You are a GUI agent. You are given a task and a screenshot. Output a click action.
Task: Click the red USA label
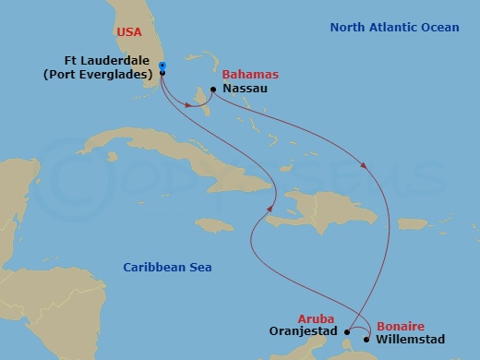[131, 32]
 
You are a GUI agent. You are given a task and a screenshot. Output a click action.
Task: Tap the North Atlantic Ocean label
[394, 28]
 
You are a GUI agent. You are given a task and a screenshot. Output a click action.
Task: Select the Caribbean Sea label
[167, 268]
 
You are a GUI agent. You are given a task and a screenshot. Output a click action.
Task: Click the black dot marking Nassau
[213, 90]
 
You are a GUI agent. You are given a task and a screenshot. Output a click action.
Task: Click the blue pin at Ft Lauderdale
[162, 66]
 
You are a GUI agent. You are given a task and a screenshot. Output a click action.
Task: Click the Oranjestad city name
[305, 330]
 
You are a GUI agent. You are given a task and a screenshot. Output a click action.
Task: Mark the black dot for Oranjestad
[346, 330]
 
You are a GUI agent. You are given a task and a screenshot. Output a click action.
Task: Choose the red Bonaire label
[400, 326]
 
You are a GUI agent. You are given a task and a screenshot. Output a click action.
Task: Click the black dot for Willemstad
[366, 339]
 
